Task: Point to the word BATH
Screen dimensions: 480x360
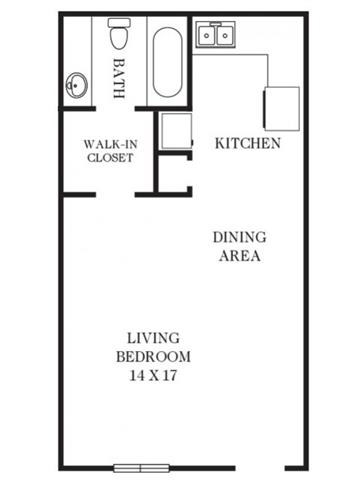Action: tap(120, 78)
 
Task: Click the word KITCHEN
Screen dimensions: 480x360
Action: tap(247, 143)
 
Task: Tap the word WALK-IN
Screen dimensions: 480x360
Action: tap(109, 142)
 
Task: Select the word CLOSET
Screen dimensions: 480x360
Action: tap(109, 157)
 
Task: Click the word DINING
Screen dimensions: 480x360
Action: tap(239, 237)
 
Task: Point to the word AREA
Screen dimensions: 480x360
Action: tap(239, 256)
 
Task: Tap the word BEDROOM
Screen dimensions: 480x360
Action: tap(153, 357)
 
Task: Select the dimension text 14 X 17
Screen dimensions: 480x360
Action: tap(153, 376)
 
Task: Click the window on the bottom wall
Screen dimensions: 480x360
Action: tap(141, 466)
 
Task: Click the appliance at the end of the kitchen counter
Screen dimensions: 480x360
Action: tap(281, 105)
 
